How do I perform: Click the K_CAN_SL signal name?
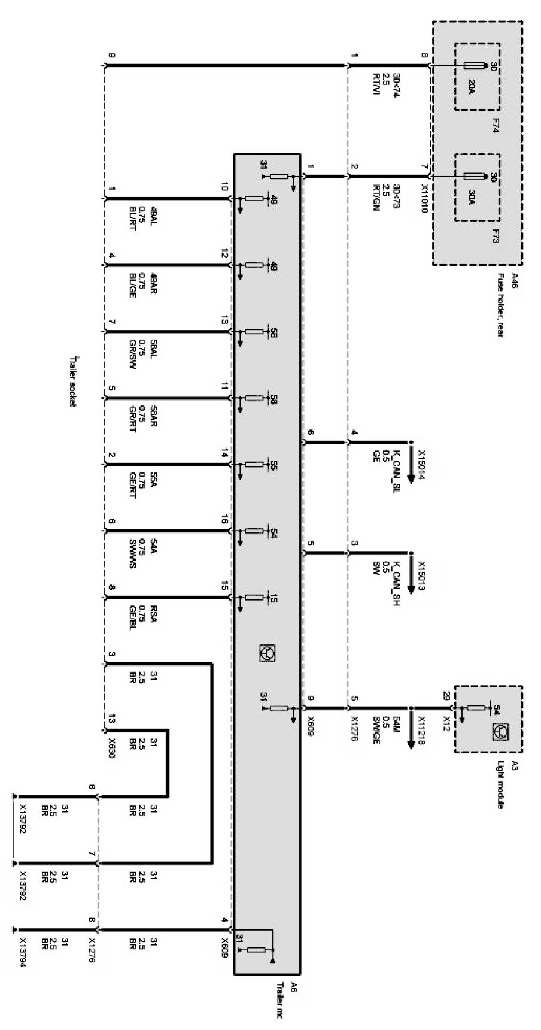coord(396,466)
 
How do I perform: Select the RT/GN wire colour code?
coord(376,197)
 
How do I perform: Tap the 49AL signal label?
coord(153,217)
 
